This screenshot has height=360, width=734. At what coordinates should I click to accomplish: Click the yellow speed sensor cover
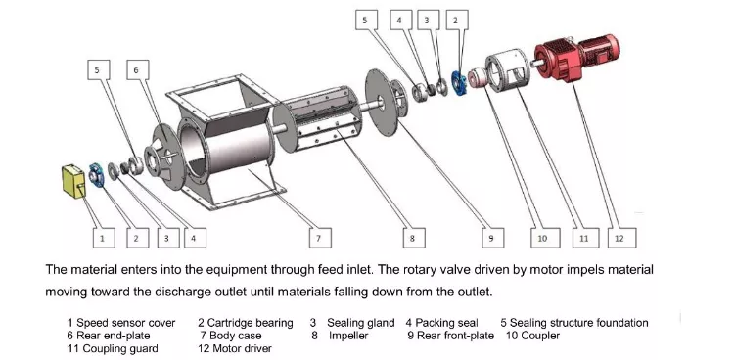(74, 181)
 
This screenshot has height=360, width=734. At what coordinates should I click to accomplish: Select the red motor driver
(576, 56)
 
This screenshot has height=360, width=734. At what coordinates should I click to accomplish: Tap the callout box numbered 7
(320, 238)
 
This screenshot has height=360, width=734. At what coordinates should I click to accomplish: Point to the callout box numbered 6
(138, 69)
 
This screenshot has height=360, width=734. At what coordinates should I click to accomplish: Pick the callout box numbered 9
(493, 238)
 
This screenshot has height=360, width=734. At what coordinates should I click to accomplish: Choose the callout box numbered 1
(104, 238)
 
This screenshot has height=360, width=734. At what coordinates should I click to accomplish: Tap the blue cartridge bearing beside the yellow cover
(97, 175)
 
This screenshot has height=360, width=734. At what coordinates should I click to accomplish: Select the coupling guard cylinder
(507, 72)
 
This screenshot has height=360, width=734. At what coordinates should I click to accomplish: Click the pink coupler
(478, 78)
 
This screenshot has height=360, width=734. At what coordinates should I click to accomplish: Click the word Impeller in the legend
(348, 336)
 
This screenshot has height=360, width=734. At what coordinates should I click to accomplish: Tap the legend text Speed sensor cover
(126, 323)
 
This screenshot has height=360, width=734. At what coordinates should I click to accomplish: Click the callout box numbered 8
(414, 238)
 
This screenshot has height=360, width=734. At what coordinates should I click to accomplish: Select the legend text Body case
(236, 336)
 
